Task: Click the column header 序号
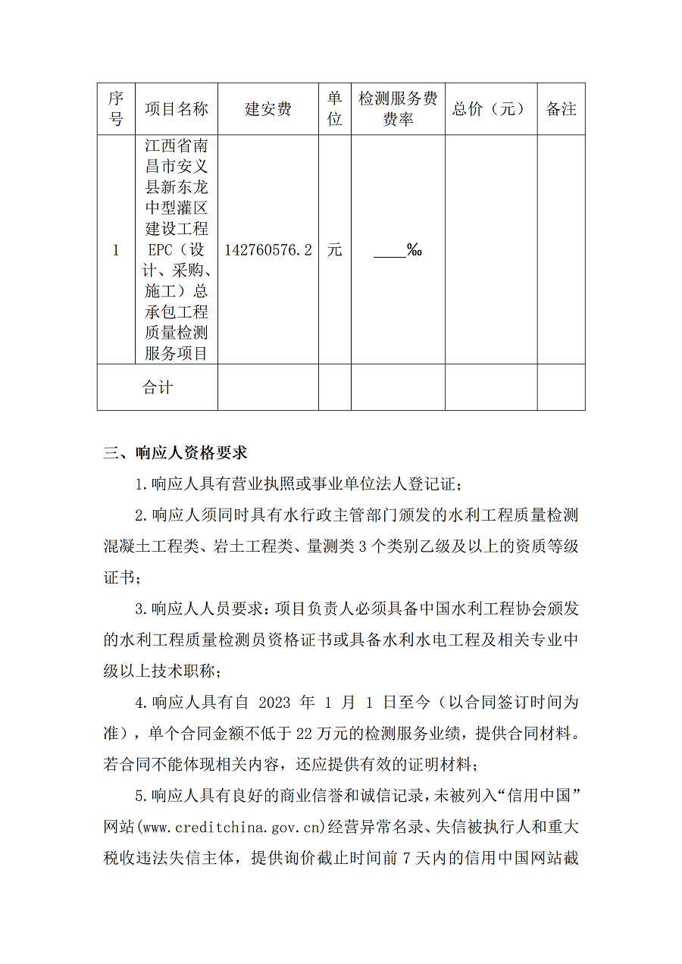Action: click(116, 108)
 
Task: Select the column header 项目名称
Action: click(177, 109)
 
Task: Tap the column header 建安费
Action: click(267, 109)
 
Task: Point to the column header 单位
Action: click(334, 108)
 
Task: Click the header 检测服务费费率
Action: click(398, 108)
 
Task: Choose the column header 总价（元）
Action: click(490, 109)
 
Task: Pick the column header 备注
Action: click(561, 109)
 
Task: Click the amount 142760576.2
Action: click(268, 250)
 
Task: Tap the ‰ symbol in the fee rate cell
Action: click(415, 250)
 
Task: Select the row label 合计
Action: click(158, 387)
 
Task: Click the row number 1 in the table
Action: click(116, 250)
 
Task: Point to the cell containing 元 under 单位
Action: click(334, 250)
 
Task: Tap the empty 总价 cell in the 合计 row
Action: click(490, 387)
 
